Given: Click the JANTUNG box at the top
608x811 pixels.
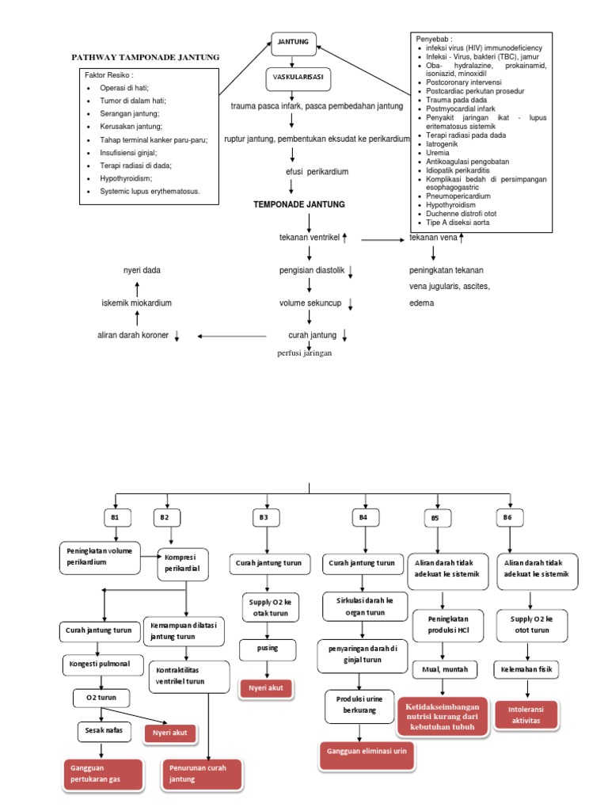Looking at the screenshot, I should [x=294, y=44].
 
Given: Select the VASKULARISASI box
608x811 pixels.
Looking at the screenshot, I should [x=298, y=78].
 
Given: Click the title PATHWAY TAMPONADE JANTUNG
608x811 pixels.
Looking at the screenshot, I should [x=146, y=58].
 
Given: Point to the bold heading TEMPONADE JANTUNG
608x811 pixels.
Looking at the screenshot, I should [x=298, y=204].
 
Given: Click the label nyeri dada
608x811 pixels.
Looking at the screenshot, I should [x=142, y=270].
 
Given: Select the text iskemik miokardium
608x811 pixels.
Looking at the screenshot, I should [x=137, y=303].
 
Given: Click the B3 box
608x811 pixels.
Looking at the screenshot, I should [x=264, y=517].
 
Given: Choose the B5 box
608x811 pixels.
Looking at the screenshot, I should [x=435, y=517].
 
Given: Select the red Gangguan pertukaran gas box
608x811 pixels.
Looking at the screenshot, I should [x=103, y=775].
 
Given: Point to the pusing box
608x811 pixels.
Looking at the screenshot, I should [x=268, y=649].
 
